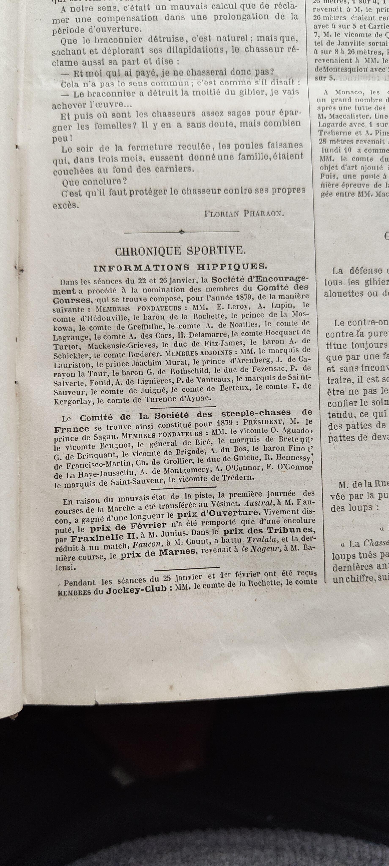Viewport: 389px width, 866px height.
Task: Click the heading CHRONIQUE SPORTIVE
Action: [x=180, y=251]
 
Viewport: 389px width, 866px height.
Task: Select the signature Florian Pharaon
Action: [x=244, y=214]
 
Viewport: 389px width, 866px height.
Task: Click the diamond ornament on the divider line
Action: [x=182, y=232]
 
